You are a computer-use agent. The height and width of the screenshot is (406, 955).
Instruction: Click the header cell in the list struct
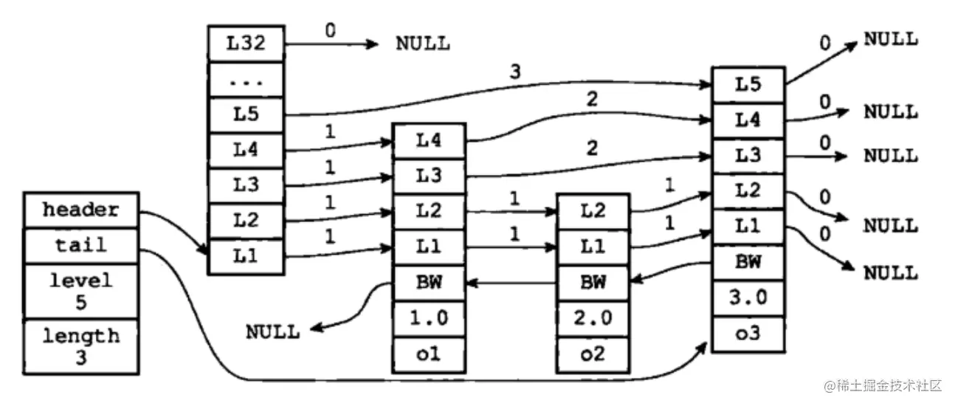pos(80,210)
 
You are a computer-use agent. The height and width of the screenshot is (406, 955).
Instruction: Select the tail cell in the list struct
pos(80,246)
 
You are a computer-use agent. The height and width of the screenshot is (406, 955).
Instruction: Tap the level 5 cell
pos(80,290)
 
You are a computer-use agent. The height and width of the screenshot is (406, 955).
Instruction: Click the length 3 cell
pos(80,345)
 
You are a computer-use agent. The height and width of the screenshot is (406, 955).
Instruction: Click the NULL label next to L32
pos(422,43)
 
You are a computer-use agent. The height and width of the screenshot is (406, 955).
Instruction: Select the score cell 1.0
pos(429,319)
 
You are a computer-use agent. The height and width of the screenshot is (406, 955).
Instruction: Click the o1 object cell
pos(429,354)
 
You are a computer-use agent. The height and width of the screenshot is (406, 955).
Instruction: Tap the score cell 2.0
pos(593,319)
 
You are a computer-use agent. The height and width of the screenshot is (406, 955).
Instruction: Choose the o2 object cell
pos(593,354)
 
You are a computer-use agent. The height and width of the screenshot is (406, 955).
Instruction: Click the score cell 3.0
pos(748,298)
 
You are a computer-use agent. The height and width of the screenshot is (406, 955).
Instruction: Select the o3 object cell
pos(748,334)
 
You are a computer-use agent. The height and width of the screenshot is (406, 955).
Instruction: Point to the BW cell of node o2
pos(593,282)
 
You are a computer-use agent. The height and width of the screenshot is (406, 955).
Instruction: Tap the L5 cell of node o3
pos(748,84)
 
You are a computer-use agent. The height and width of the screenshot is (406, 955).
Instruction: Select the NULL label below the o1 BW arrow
pos(273,331)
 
